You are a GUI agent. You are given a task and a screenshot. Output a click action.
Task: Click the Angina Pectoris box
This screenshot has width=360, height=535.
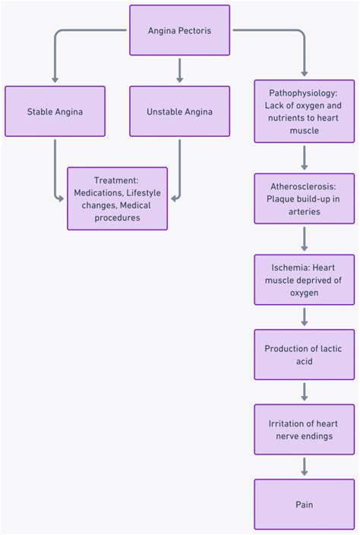(x=179, y=30)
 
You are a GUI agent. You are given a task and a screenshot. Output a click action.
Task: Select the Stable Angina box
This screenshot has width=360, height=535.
(x=55, y=112)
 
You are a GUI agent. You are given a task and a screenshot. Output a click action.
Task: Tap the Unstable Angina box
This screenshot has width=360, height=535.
(x=179, y=112)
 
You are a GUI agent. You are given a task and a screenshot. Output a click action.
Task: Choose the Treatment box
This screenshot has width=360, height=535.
(x=117, y=199)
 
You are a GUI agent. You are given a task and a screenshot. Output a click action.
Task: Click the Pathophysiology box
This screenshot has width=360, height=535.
(x=304, y=112)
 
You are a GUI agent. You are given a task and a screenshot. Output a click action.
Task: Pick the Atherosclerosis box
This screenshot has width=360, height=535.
(x=304, y=199)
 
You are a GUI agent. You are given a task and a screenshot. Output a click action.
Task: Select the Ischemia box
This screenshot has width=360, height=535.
(x=304, y=280)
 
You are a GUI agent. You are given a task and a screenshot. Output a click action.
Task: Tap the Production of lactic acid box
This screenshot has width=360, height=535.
(x=304, y=355)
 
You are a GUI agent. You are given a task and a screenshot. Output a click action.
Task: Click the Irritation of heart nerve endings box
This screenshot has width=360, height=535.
(x=304, y=430)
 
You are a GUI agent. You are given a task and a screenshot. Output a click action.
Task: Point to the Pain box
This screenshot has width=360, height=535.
(x=304, y=504)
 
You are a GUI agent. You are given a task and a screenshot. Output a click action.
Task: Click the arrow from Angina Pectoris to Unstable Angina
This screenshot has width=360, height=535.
(x=179, y=70)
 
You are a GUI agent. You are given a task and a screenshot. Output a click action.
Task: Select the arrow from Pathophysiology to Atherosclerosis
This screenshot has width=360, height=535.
(x=304, y=157)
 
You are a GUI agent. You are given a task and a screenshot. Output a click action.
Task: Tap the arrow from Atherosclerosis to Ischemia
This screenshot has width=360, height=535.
(x=304, y=239)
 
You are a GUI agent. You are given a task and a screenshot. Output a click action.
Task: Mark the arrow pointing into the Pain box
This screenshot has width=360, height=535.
(x=304, y=467)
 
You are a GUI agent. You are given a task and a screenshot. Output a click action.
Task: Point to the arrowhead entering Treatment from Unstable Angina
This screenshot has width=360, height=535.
(x=173, y=199)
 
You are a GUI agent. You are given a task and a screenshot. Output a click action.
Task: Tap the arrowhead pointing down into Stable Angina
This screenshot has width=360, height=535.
(x=55, y=79)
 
